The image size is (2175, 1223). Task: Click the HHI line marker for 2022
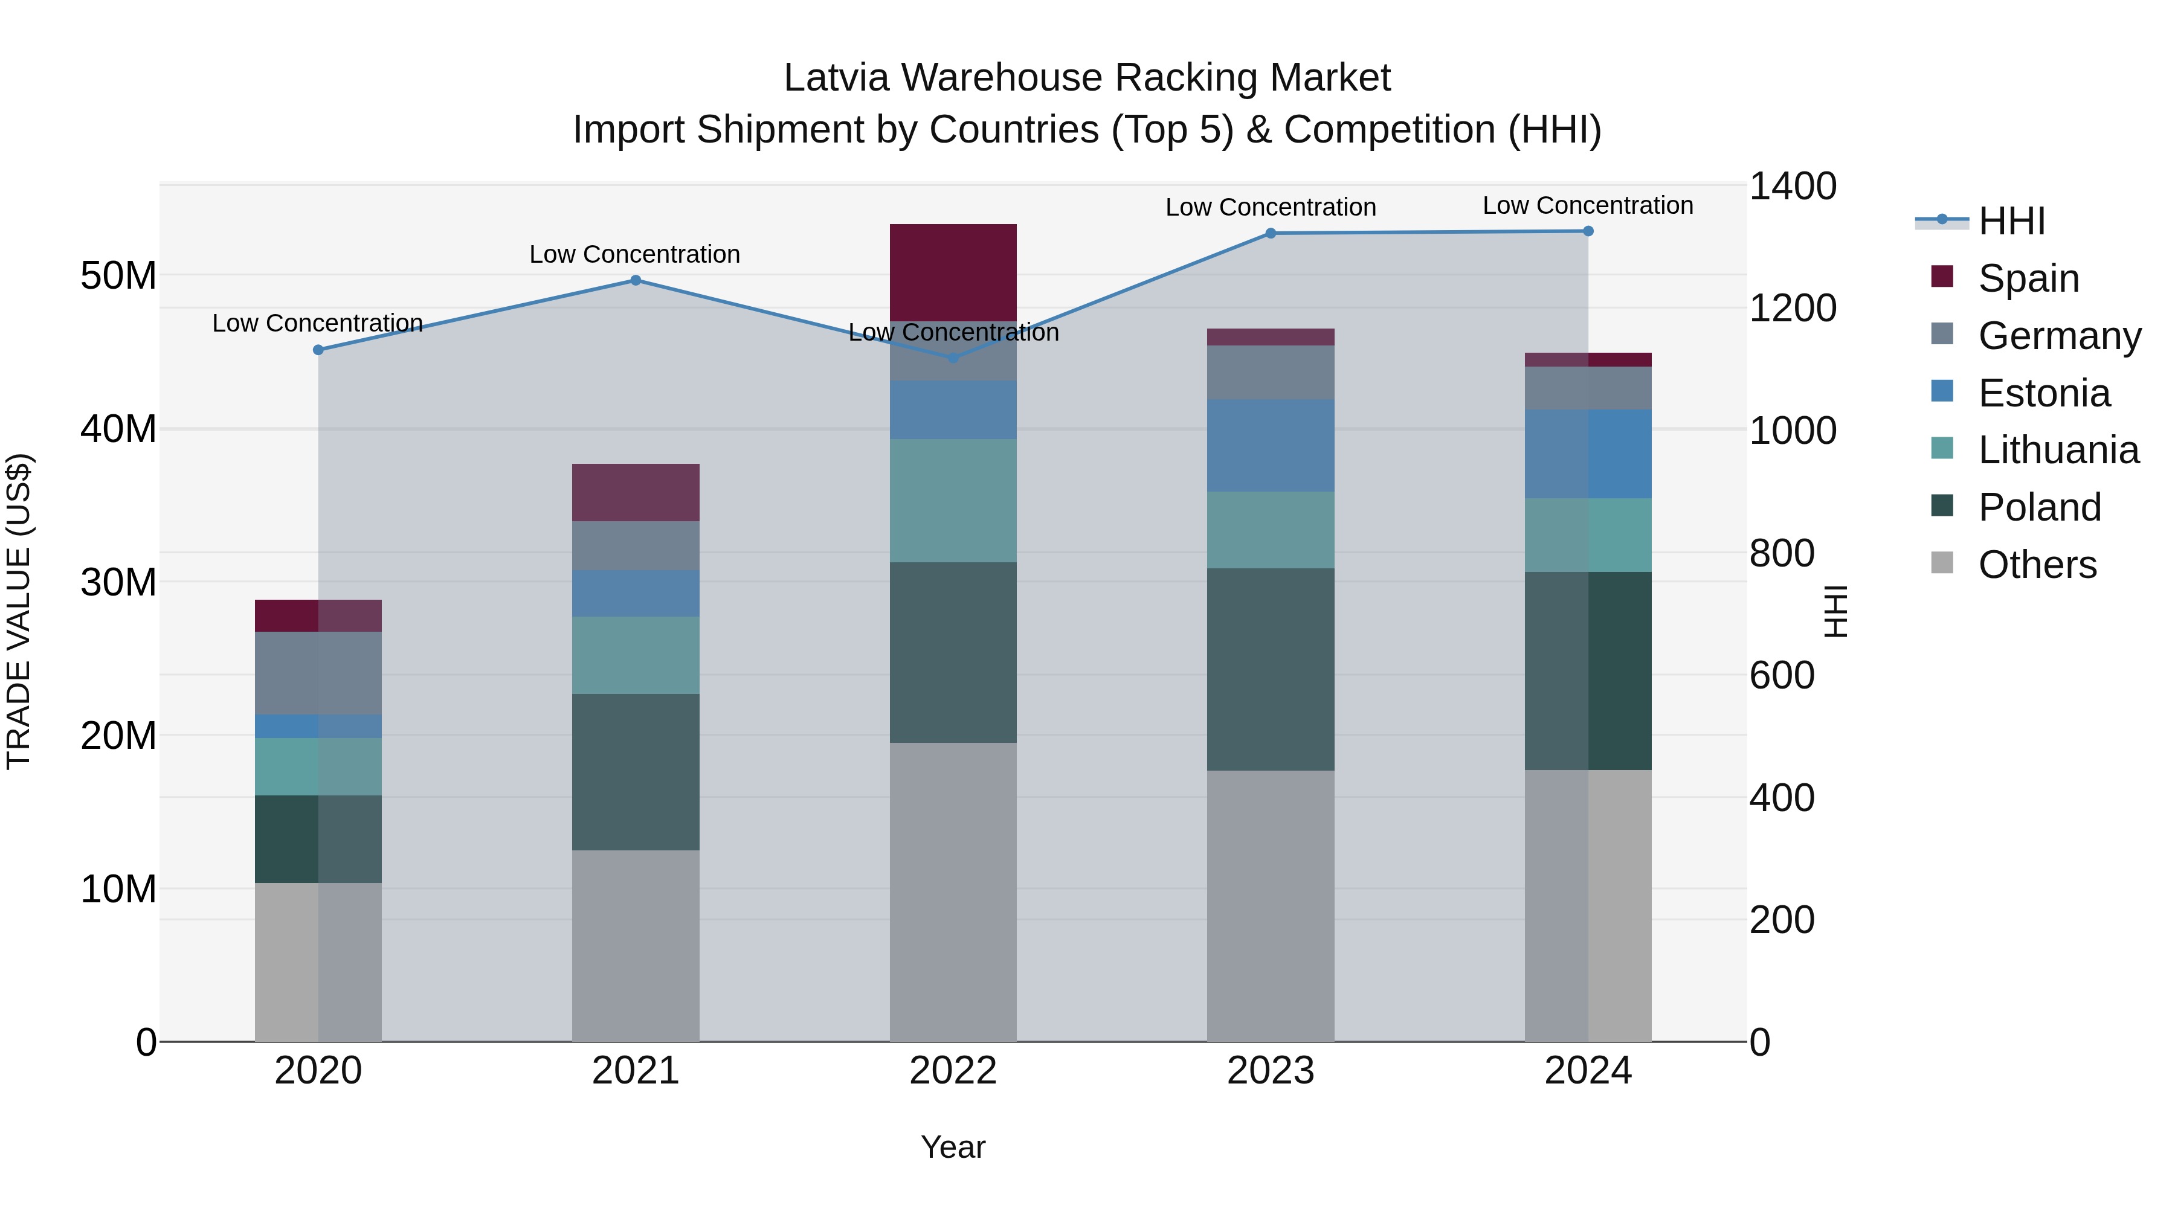[x=953, y=358]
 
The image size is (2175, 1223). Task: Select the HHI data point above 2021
[x=636, y=280]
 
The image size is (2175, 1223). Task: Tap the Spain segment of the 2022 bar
[x=953, y=272]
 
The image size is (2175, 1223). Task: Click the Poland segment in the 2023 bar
[x=1271, y=669]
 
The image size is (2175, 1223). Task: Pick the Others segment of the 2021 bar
[x=636, y=945]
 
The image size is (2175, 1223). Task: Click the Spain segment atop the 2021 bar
[x=636, y=492]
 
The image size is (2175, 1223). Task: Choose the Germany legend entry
[x=2058, y=335]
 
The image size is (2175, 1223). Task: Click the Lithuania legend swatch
[x=1942, y=449]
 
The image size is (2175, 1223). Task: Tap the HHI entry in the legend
[x=2010, y=221]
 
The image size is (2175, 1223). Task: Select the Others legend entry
[x=2037, y=564]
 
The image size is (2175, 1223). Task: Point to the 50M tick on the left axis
[x=118, y=275]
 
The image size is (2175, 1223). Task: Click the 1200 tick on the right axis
[x=1792, y=308]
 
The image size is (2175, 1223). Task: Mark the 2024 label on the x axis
[x=1587, y=1071]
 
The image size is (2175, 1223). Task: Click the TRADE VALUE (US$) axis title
[x=19, y=611]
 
